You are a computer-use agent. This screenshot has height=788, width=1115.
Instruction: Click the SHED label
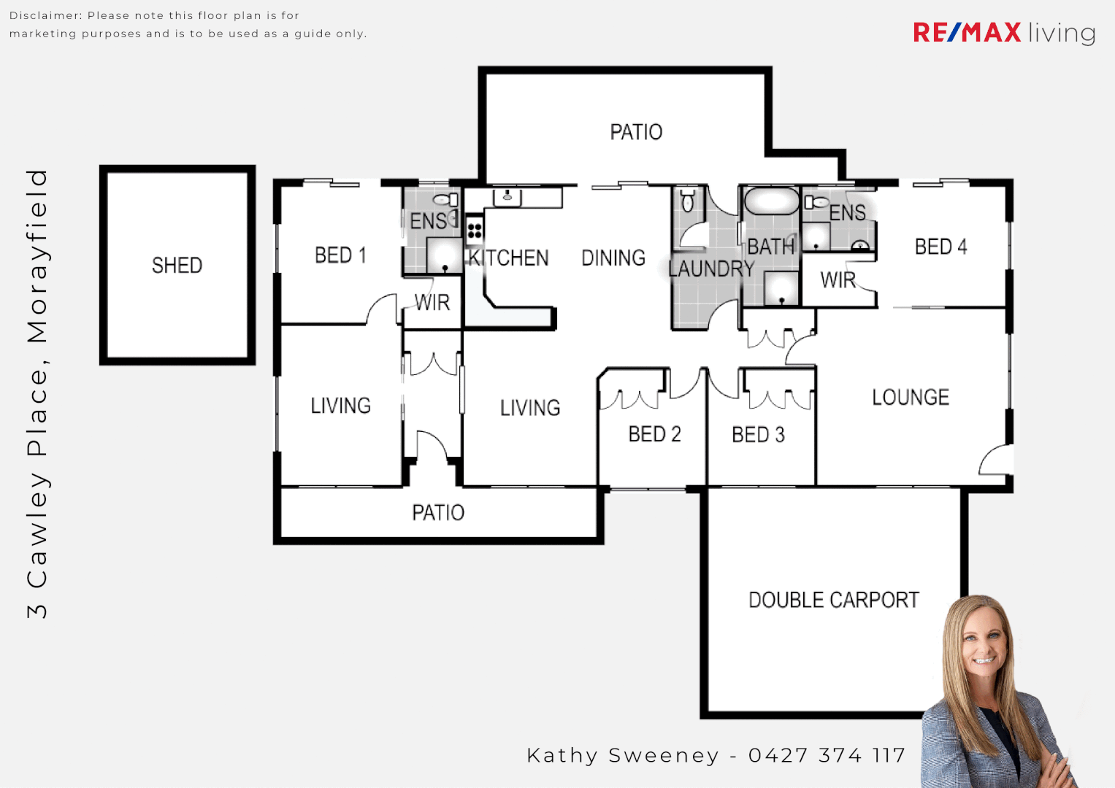pyautogui.click(x=177, y=266)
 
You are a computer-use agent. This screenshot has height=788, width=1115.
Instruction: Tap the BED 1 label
pyautogui.click(x=340, y=255)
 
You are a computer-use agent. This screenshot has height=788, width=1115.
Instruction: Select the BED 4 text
pyautogui.click(x=940, y=247)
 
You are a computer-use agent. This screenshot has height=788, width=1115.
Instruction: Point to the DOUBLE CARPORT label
pyautogui.click(x=833, y=600)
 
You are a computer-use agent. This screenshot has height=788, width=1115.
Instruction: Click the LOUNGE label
pyautogui.click(x=911, y=398)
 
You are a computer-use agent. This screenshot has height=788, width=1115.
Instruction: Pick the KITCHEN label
pyautogui.click(x=509, y=258)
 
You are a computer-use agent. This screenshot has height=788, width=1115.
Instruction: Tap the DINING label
pyautogui.click(x=613, y=258)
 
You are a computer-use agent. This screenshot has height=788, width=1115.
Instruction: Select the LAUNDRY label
pyautogui.click(x=711, y=269)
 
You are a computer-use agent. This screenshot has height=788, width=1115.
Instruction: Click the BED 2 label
pyautogui.click(x=654, y=435)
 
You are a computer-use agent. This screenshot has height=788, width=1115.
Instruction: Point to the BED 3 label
pyautogui.click(x=758, y=435)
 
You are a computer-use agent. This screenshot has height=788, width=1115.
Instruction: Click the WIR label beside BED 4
pyautogui.click(x=838, y=280)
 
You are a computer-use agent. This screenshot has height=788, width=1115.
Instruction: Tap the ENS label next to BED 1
pyautogui.click(x=429, y=221)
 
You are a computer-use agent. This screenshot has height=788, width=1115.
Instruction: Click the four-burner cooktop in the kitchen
pyautogui.click(x=475, y=231)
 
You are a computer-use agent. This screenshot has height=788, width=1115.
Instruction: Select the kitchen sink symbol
pyautogui.click(x=507, y=197)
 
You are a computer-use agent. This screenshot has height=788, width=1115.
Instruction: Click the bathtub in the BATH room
pyautogui.click(x=772, y=201)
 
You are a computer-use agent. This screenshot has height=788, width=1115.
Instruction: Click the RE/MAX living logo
pyautogui.click(x=1004, y=33)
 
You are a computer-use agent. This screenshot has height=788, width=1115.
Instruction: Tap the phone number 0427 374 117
pyautogui.click(x=827, y=755)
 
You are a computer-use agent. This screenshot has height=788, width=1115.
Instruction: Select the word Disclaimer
pyautogui.click(x=45, y=15)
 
